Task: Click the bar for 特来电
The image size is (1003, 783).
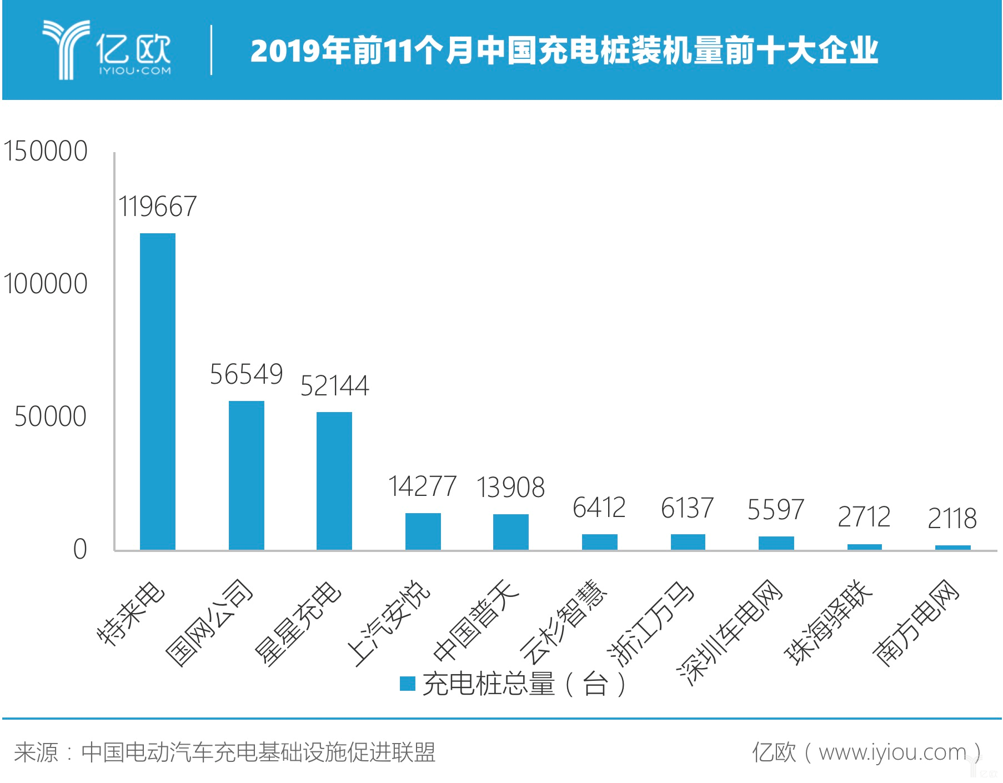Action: click(x=158, y=391)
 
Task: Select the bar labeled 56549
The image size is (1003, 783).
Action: click(x=247, y=475)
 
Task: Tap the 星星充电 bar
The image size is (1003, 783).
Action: click(x=334, y=481)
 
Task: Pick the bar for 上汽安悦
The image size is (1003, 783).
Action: click(x=423, y=531)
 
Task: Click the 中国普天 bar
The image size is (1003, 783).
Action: click(x=511, y=532)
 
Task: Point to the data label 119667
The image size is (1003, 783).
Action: click(x=158, y=207)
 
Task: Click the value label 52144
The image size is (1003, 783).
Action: click(x=334, y=386)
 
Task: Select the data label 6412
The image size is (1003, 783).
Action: click(x=599, y=508)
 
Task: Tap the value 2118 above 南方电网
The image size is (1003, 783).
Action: click(x=952, y=519)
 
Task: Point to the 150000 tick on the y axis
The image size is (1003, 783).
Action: click(x=46, y=151)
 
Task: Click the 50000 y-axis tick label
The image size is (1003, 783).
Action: click(x=51, y=416)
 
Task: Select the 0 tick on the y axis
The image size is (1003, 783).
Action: click(x=80, y=549)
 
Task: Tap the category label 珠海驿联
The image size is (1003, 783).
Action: click(x=828, y=622)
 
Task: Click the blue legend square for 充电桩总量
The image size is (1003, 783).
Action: click(x=408, y=684)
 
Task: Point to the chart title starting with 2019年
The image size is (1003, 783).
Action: click(x=564, y=51)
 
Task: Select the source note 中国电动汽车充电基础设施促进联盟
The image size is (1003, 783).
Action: click(x=258, y=752)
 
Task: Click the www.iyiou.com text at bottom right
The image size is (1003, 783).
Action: click(x=892, y=752)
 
